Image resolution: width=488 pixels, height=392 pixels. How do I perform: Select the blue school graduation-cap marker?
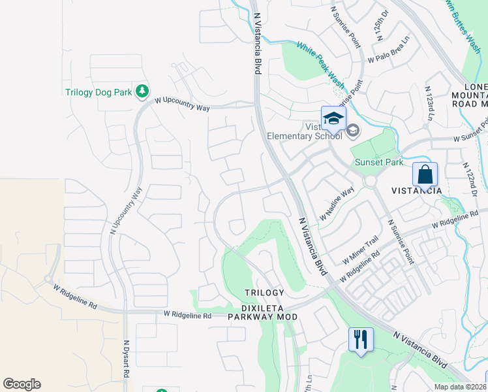[333, 118]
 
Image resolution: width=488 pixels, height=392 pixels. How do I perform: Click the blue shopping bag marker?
[425, 174]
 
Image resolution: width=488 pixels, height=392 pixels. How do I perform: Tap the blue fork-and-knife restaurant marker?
[361, 339]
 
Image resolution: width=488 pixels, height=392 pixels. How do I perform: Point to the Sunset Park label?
[378, 162]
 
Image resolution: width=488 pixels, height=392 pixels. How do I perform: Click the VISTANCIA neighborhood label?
[417, 191]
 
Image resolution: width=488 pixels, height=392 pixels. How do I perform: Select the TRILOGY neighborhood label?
[264, 293]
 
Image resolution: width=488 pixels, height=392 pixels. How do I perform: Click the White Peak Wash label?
[320, 65]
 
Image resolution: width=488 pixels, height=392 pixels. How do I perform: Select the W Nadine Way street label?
[336, 203]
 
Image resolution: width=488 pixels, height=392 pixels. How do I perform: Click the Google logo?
[22, 384]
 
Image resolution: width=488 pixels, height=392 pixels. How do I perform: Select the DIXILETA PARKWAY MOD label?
[262, 317]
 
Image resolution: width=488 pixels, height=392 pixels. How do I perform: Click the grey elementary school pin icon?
[353, 131]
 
